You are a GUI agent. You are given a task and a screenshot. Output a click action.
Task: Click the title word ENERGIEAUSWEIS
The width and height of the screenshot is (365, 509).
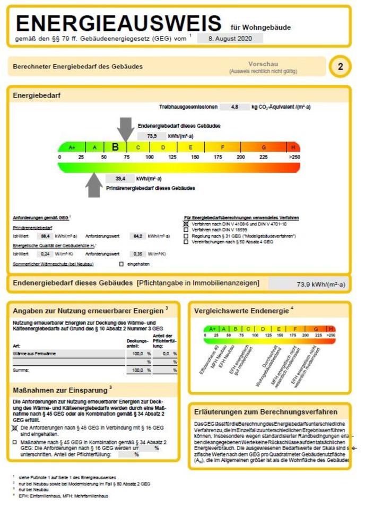coord(118,23)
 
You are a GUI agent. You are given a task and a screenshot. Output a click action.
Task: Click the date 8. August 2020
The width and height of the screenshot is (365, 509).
coord(230,38)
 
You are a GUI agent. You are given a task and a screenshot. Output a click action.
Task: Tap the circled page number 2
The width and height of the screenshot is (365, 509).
coord(340,67)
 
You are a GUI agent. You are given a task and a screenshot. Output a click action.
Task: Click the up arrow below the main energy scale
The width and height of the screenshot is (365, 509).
coord(94,184)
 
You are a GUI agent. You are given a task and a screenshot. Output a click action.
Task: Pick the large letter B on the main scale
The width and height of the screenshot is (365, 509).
coord(115,147)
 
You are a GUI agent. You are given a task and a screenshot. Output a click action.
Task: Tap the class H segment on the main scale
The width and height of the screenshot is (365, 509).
coord(293,147)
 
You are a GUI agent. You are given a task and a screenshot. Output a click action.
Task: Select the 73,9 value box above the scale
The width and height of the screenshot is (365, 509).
coord(151,136)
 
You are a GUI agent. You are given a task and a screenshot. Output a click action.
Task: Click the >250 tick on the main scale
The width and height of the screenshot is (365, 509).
coord(294,157)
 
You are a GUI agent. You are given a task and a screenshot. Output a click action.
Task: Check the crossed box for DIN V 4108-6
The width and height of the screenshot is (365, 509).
coord(186,224)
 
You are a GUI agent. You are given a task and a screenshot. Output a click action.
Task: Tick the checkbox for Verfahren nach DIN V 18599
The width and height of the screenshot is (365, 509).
coord(186,230)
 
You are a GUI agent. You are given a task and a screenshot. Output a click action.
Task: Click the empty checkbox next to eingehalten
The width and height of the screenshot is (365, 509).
coord(121,264)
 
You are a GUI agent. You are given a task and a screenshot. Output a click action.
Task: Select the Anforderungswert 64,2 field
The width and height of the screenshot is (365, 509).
coord(137,236)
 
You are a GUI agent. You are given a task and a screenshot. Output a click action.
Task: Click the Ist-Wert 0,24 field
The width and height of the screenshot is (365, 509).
coord(46,253)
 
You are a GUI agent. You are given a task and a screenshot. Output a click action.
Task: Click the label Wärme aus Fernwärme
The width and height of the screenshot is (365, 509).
coord(34,353)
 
